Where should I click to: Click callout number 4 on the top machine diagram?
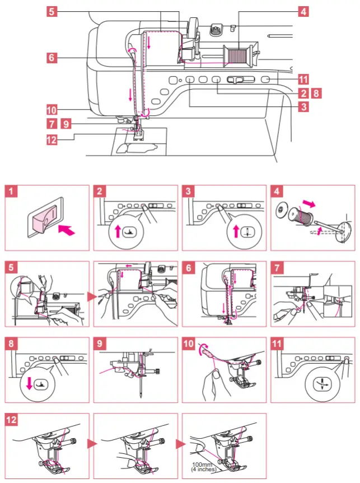click(x=303, y=11)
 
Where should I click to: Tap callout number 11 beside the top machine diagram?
click(x=303, y=79)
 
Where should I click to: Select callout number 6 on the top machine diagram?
click(x=52, y=57)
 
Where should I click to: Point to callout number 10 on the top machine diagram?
click(x=52, y=110)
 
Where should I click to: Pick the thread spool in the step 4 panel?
click(x=303, y=215)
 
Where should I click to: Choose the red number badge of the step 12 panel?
click(x=12, y=420)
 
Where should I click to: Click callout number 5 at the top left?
click(x=52, y=11)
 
